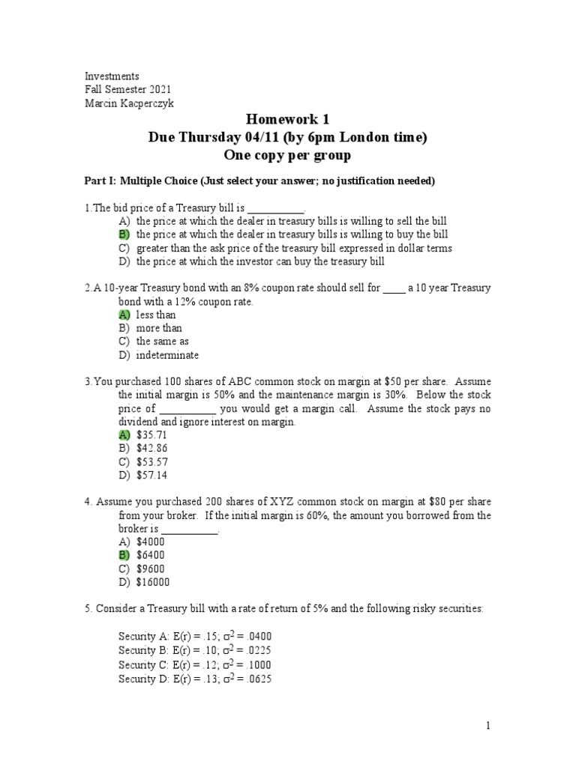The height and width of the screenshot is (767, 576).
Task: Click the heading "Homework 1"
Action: tap(288, 120)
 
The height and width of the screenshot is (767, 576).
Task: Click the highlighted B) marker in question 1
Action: tap(124, 234)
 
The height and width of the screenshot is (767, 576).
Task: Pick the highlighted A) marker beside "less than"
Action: tap(124, 315)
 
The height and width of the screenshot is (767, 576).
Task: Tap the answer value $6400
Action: tap(150, 555)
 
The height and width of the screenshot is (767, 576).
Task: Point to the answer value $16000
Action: tap(153, 582)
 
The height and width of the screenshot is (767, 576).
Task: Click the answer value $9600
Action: tap(150, 569)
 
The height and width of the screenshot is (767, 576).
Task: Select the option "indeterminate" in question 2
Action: tap(167, 355)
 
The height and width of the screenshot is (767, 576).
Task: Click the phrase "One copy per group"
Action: tap(288, 154)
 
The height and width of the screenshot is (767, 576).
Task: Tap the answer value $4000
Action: tap(150, 542)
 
